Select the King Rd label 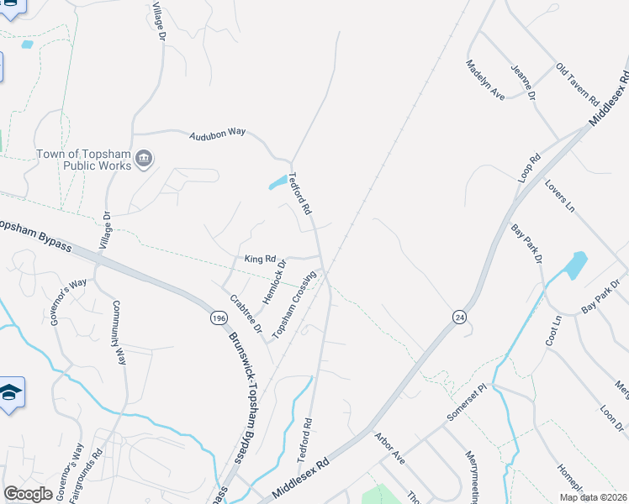[260, 260]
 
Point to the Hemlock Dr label [275, 281]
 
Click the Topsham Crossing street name [293, 305]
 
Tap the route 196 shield [219, 318]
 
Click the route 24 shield [458, 317]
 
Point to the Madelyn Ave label [486, 81]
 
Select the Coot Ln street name [552, 331]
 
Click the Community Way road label [119, 333]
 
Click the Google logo [29, 493]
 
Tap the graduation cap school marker [9, 393]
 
